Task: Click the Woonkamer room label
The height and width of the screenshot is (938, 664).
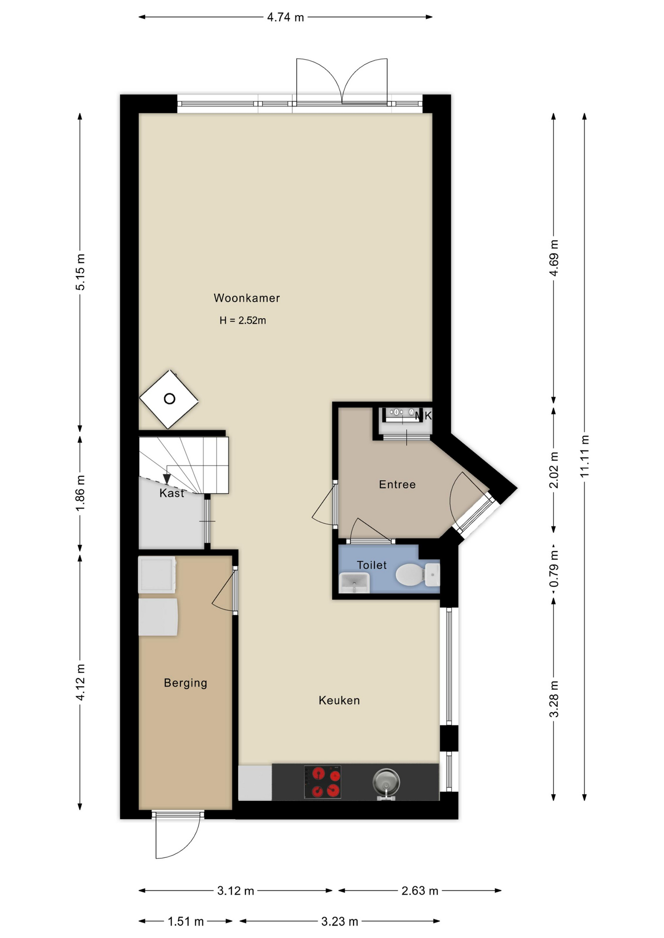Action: coord(246,298)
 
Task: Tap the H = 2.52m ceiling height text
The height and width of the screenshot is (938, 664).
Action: coord(243,320)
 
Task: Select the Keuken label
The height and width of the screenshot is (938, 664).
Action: coord(339,701)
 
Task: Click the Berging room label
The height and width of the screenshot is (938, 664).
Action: coord(185,683)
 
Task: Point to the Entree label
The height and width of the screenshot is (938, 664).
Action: coord(398,485)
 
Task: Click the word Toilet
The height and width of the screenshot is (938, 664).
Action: coord(372,565)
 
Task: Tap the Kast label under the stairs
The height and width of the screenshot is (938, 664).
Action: coord(172,493)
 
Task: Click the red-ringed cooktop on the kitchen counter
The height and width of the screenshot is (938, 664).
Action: coord(323,782)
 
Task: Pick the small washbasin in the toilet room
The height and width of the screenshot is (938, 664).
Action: coord(354,582)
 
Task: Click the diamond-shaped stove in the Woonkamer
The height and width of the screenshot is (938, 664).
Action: coord(169,399)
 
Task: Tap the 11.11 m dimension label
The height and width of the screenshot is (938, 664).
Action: coord(585,456)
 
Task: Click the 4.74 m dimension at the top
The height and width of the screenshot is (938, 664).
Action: coord(286,18)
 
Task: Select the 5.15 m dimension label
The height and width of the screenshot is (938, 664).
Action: coord(80,272)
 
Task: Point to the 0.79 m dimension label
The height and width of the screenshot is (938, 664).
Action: coord(554,569)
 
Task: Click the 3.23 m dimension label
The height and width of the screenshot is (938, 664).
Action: coord(340,921)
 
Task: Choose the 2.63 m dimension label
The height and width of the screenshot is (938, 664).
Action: coord(420,891)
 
